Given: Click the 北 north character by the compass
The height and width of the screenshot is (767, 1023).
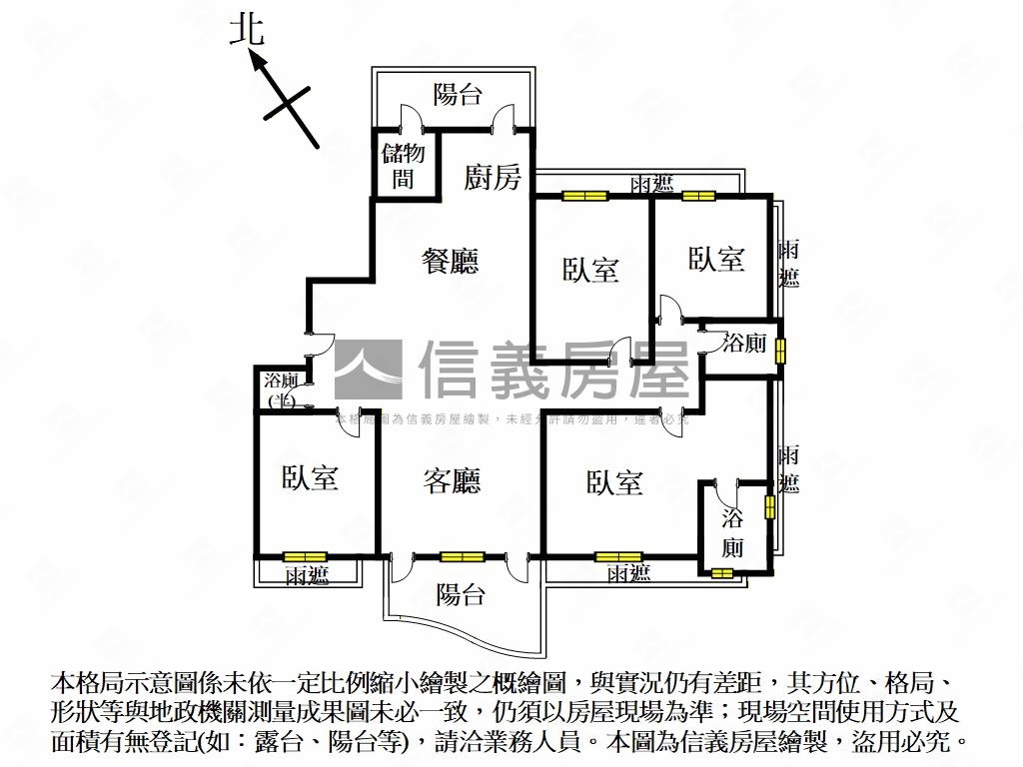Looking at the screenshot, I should (247, 29).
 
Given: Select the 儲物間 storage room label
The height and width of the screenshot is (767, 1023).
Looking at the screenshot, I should (404, 166).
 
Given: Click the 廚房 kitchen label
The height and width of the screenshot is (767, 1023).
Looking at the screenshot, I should (493, 178).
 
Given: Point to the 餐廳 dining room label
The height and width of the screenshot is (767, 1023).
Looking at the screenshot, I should (450, 261).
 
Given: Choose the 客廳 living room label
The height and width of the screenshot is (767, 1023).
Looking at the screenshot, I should (452, 481).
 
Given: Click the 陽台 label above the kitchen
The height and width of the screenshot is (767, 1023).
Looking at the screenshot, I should (458, 95).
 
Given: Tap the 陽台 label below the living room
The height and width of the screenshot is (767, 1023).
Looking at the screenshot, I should (461, 595).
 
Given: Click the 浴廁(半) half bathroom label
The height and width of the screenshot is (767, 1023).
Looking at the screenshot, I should (281, 390).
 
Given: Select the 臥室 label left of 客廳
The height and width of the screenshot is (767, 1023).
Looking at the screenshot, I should (310, 478).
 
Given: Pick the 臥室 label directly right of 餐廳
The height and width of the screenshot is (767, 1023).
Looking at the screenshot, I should (590, 270).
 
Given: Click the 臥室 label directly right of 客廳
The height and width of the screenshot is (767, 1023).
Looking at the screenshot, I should (613, 483).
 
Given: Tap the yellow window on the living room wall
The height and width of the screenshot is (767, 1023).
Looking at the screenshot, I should (462, 557).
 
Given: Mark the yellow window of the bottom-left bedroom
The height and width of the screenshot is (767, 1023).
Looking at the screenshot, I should (305, 557).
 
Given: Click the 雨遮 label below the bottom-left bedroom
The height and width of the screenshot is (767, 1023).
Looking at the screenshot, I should (307, 575).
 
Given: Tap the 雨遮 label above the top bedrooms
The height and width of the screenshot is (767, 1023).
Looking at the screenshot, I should (651, 184).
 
